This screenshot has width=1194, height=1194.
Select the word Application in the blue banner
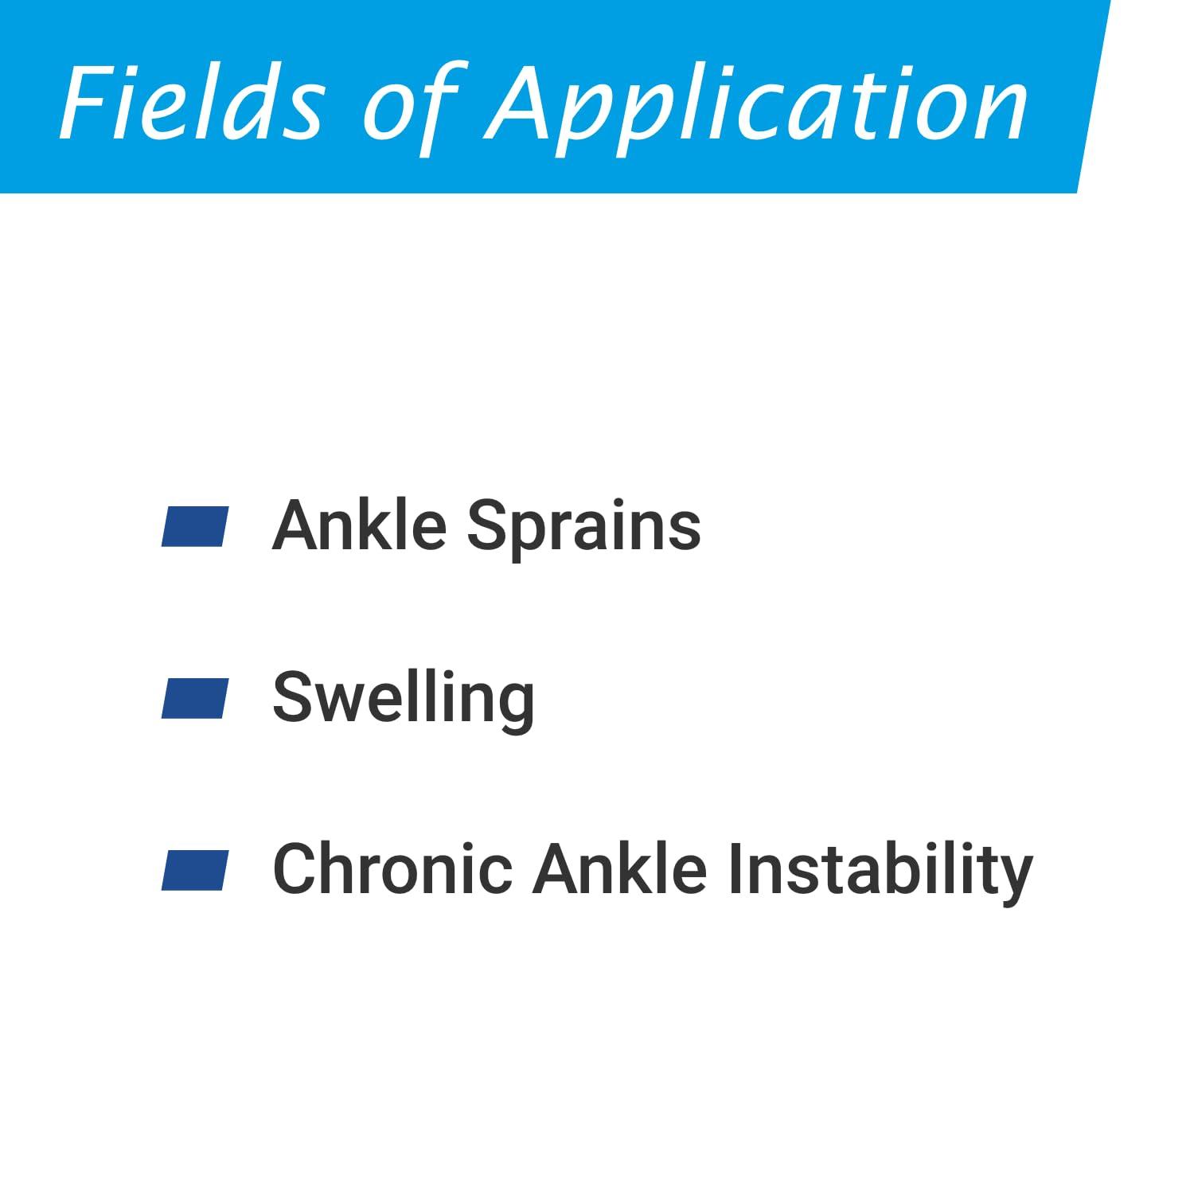[x=757, y=107]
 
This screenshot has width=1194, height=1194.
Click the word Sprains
[x=584, y=528]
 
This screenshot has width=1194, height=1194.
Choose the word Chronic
[x=393, y=869]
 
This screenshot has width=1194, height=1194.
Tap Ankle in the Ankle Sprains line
[x=359, y=525]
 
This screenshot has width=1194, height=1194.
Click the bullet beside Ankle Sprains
[x=195, y=527]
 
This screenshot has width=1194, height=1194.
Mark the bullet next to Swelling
[x=195, y=699]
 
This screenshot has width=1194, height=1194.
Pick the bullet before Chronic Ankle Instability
[x=195, y=870]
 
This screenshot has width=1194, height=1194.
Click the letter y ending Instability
[x=1013, y=880]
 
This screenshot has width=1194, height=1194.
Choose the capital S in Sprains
[x=488, y=525]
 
